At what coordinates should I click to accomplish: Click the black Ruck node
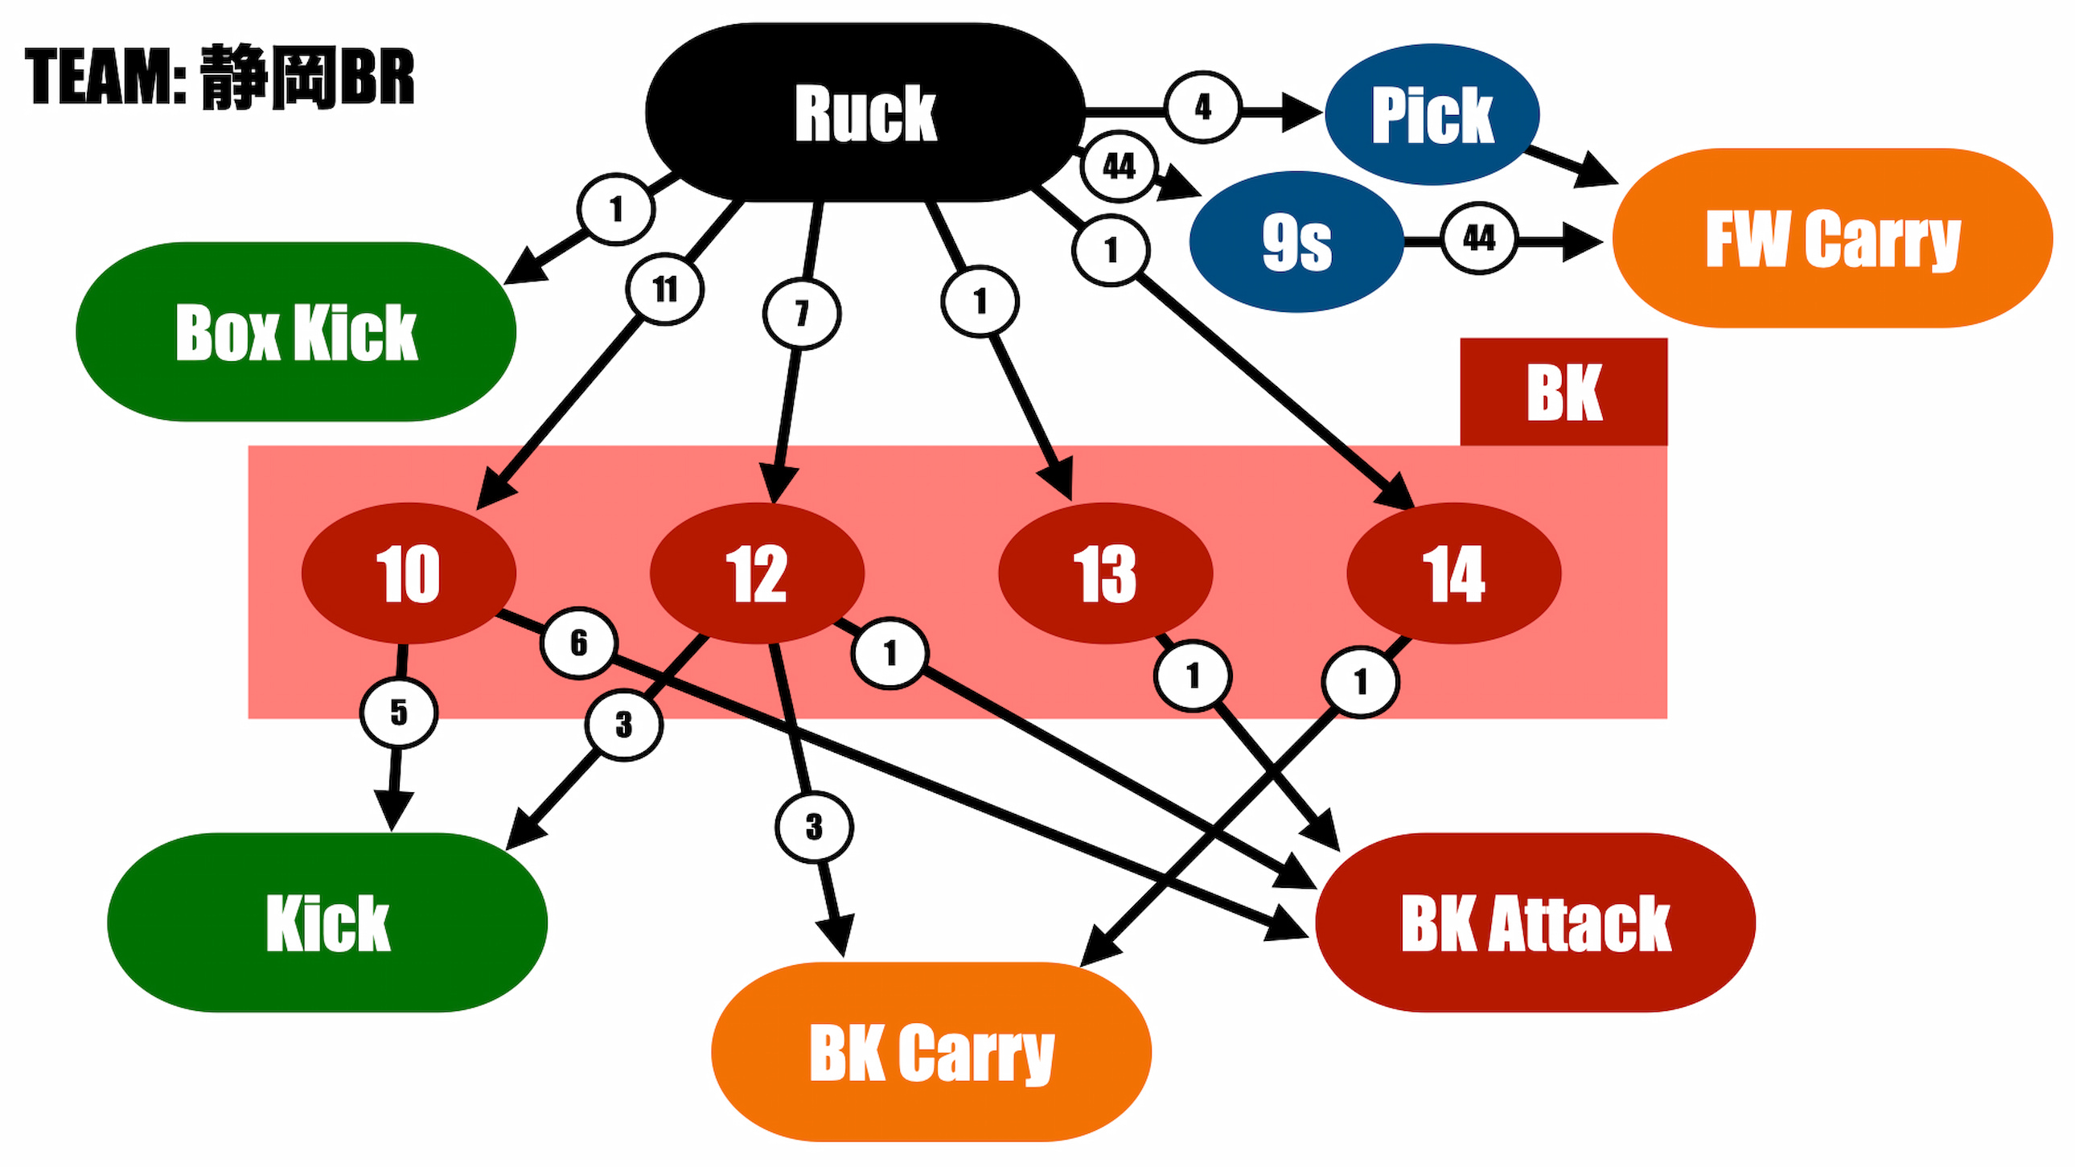tap(865, 113)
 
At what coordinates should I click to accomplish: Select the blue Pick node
tap(1432, 114)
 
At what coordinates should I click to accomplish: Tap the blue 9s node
tap(1296, 241)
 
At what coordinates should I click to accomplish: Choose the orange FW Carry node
tap(1833, 238)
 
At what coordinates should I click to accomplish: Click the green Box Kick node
tap(296, 332)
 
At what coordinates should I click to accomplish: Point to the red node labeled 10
tap(409, 573)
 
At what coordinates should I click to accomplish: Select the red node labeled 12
tap(756, 573)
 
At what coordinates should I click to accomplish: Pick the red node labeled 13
tap(1105, 573)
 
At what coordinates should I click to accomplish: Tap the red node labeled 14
tap(1453, 573)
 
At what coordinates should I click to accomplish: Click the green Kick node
tap(327, 923)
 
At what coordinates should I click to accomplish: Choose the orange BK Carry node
tap(931, 1052)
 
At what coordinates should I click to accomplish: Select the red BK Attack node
tap(1535, 923)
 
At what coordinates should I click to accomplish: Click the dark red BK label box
tap(1563, 392)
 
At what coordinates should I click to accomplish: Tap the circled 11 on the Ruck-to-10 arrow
tap(664, 289)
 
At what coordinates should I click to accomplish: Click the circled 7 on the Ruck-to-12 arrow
tap(802, 314)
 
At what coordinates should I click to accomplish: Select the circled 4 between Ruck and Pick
tap(1203, 107)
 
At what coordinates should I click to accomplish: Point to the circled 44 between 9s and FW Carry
tap(1479, 238)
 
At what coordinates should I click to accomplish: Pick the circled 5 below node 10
tap(399, 713)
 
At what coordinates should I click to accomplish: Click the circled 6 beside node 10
tap(578, 643)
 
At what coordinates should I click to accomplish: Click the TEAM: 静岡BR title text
tap(219, 77)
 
